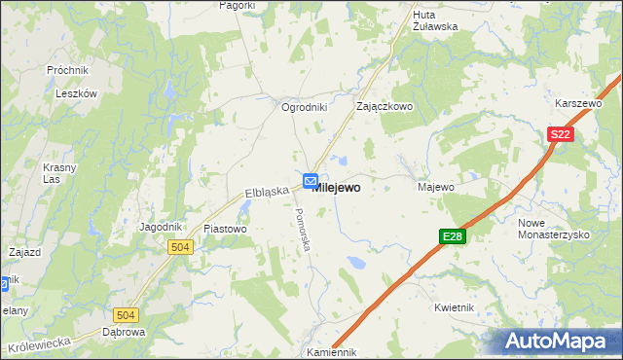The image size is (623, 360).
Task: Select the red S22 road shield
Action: (560, 136)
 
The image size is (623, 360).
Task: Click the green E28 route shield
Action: (452, 236)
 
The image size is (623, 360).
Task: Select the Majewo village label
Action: (436, 186)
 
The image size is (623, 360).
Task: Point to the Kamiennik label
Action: (331, 352)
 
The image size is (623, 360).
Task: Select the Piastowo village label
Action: (226, 229)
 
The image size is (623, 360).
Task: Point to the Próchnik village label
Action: (67, 71)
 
